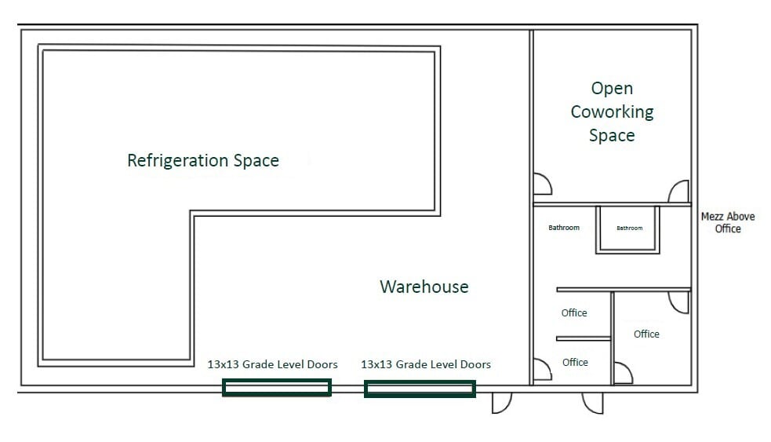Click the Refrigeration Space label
point(203,160)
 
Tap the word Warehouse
point(424,287)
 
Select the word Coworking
point(613,112)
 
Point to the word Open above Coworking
point(612,89)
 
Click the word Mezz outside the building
point(712,216)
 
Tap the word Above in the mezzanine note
point(741,216)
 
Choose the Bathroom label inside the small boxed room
point(629,228)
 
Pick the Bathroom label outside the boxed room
point(564,228)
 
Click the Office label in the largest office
point(646,334)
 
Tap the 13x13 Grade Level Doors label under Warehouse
point(426,364)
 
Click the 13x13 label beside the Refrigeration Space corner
point(273,364)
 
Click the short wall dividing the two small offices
point(584,338)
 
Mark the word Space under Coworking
point(612,135)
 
